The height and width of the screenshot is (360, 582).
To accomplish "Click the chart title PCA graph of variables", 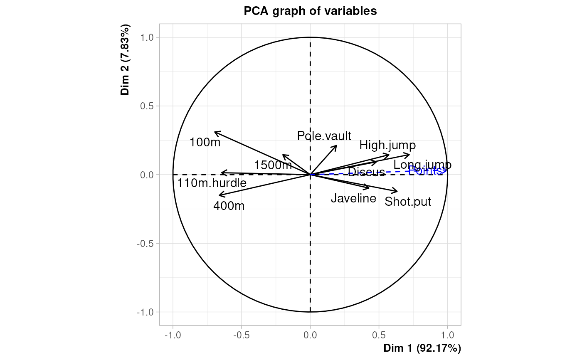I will click(x=310, y=11).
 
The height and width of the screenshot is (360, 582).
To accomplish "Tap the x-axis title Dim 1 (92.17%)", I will click(x=422, y=348).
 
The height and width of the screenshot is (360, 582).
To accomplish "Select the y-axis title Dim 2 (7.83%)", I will click(x=126, y=60).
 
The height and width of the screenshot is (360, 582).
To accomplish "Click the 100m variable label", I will click(x=205, y=143).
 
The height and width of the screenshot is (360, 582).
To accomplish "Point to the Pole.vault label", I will click(x=324, y=136).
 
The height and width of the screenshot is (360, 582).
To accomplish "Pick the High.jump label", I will click(x=387, y=145).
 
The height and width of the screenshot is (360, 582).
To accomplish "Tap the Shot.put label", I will click(x=408, y=202).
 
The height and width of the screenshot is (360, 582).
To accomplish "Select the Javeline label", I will click(x=353, y=198).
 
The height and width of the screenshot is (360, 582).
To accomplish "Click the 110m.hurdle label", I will click(x=212, y=183).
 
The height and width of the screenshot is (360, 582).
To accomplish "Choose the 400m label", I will click(x=229, y=206).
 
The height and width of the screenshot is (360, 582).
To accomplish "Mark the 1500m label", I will click(x=273, y=165).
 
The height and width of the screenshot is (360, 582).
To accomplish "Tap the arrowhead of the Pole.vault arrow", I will click(x=336, y=146).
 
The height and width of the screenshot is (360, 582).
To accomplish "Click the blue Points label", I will click(x=425, y=170).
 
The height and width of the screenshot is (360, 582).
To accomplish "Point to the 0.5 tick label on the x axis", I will click(x=379, y=335).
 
